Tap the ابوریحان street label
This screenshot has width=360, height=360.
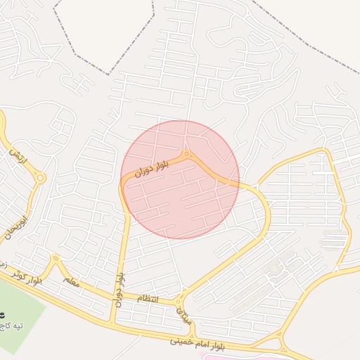click(x=19, y=218)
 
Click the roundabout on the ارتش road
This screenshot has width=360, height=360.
click(x=40, y=178)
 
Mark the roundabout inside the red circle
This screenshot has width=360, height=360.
click(x=186, y=155)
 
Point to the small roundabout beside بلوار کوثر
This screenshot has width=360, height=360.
click(x=55, y=259)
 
